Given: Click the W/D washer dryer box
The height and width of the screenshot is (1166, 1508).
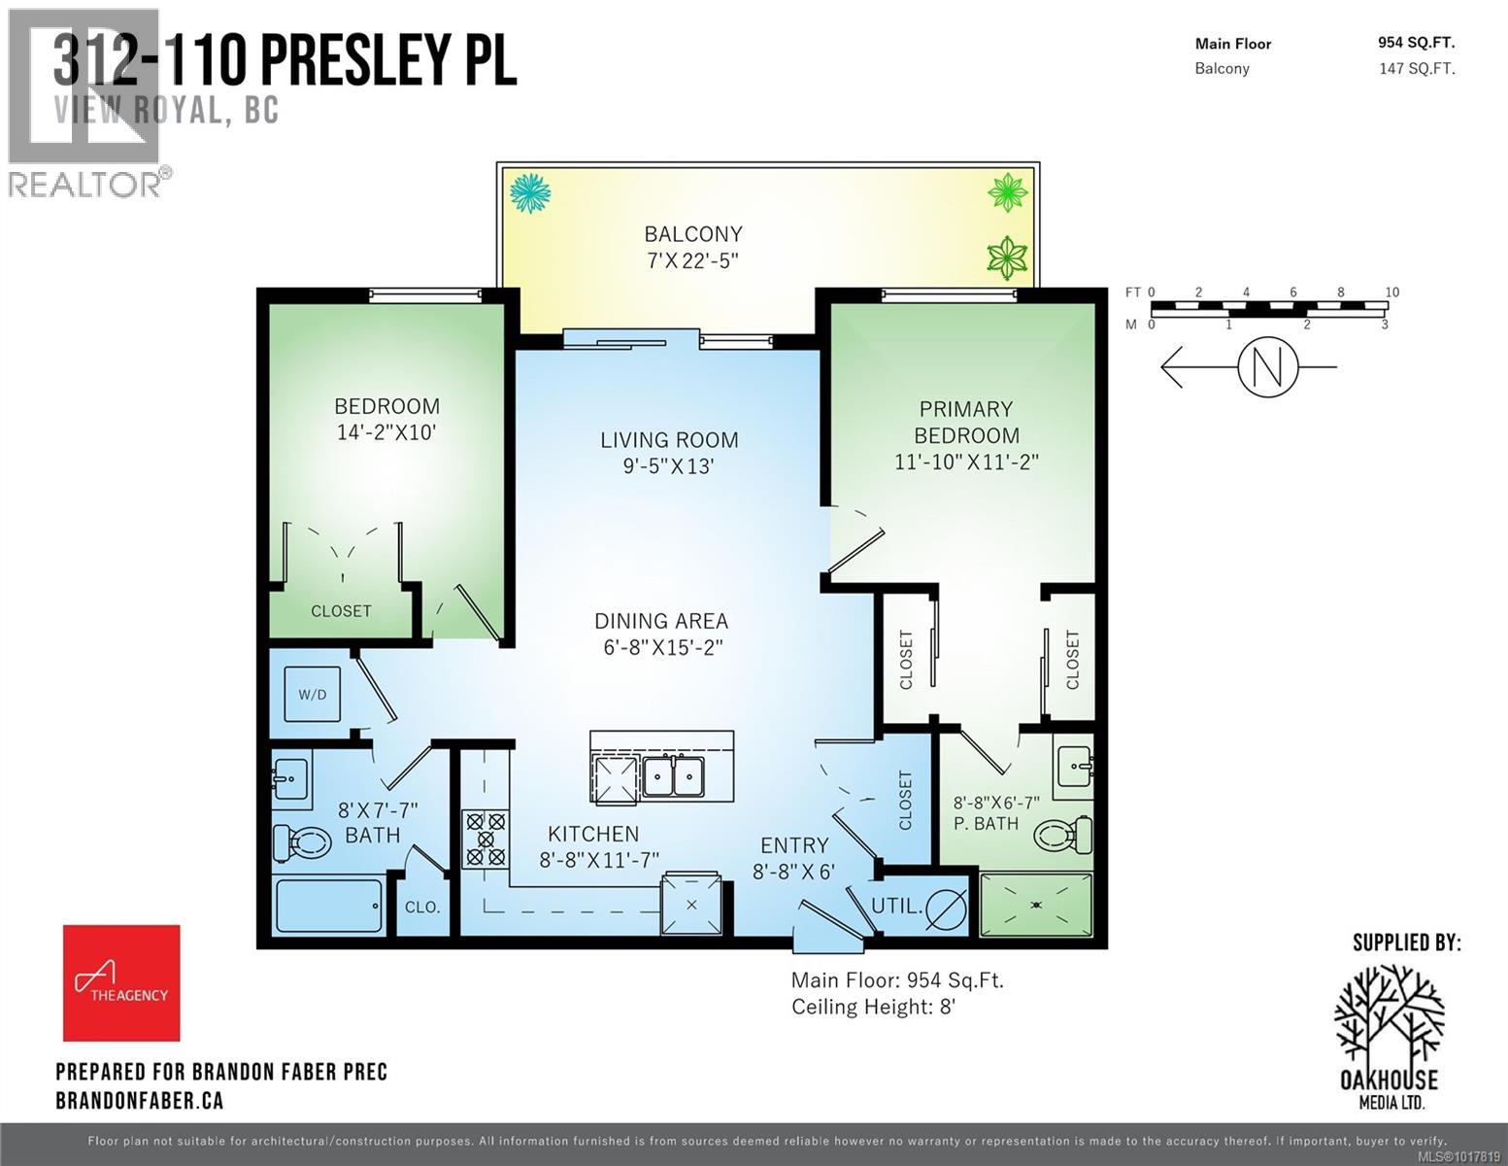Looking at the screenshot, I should tap(312, 694).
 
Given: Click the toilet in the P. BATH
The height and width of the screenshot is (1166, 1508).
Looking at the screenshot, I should tap(1064, 834).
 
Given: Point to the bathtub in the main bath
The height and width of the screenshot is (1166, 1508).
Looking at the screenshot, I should tap(329, 906).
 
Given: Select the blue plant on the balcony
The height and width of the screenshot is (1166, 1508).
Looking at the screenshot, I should tap(530, 192).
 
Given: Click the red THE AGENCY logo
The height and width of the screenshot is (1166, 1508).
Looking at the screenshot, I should tap(121, 982).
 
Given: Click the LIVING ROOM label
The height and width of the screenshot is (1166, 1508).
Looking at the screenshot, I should tap(669, 439).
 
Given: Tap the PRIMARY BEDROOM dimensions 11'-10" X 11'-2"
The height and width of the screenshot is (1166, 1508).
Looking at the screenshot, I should tap(966, 462).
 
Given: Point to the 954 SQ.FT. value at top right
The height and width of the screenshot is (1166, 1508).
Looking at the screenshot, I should tap(1416, 42).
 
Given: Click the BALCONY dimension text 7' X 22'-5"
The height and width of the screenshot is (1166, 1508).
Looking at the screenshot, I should tap(693, 260).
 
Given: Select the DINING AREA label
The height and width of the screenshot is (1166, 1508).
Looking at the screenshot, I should tap(661, 620).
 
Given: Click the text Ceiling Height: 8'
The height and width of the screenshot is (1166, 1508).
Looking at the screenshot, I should tap(874, 1007).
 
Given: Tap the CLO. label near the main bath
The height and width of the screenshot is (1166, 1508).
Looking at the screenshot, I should tap(422, 908).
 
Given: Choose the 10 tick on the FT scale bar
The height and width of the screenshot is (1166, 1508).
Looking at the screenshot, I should tap(1391, 292).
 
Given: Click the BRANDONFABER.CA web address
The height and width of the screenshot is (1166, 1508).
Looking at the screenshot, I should tap(140, 1100).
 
